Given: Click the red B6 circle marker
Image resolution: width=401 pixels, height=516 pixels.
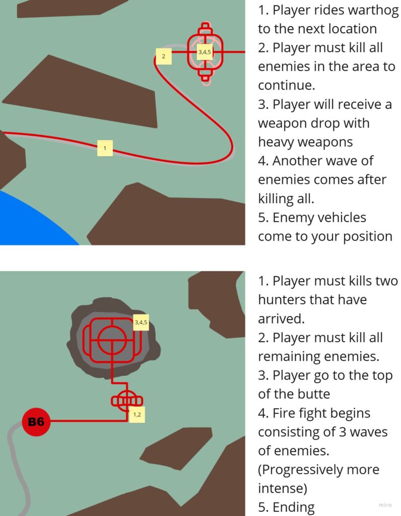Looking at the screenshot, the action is [x=36, y=422].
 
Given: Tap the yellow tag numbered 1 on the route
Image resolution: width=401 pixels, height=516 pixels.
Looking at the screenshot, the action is [x=105, y=148].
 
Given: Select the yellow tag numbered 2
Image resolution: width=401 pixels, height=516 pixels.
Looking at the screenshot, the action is [x=164, y=56].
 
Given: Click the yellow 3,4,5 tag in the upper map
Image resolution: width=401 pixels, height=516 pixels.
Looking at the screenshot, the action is [x=205, y=52].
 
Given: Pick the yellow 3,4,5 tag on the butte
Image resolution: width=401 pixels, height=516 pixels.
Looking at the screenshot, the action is [x=141, y=322].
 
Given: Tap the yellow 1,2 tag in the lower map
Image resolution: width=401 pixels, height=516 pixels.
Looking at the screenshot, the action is [x=137, y=415].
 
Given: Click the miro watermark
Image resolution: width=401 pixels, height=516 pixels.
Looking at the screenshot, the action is [x=385, y=505].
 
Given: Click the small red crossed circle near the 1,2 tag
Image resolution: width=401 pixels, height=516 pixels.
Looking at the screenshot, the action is [x=126, y=401].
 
